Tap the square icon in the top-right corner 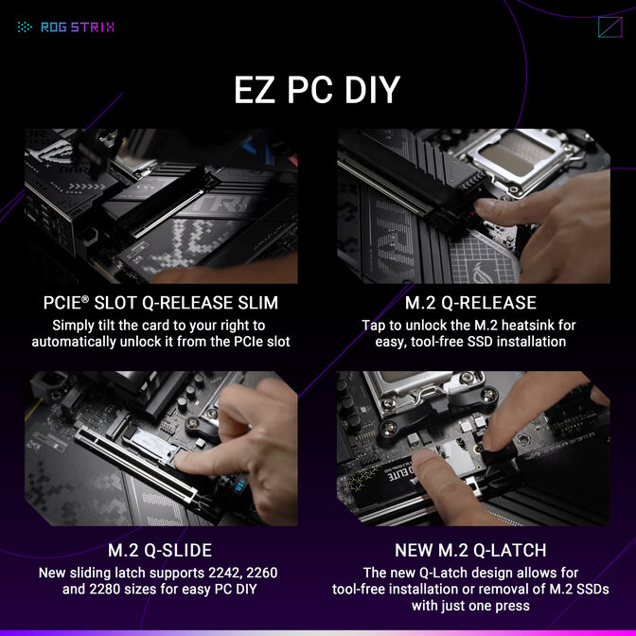[609, 26]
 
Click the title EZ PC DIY [317, 90]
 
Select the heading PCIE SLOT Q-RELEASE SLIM [161, 304]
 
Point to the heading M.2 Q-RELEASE [470, 304]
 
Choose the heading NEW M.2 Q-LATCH [470, 551]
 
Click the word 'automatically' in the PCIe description [79, 341]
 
